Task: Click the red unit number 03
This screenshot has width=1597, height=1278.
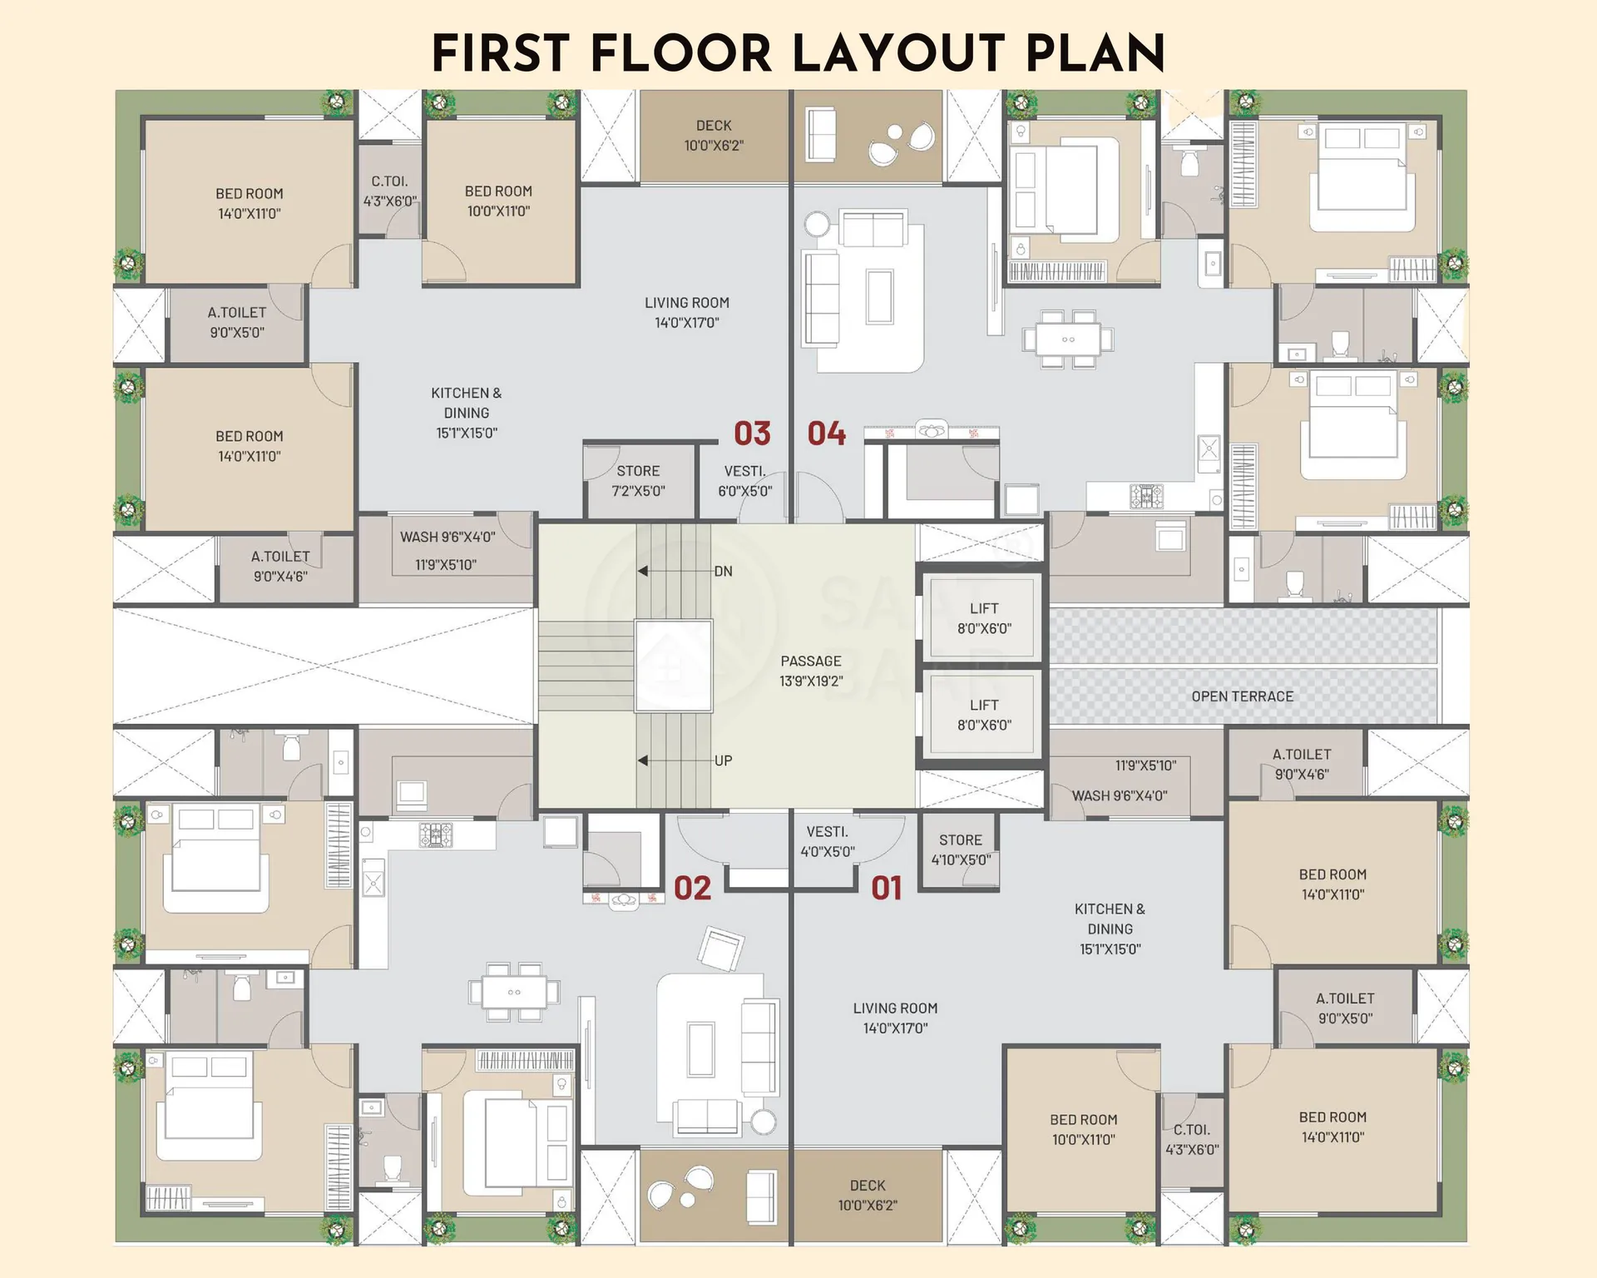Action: (752, 433)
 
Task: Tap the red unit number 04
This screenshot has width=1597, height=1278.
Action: (826, 433)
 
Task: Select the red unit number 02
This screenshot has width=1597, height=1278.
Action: (692, 889)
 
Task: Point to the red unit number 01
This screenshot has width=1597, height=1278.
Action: (887, 889)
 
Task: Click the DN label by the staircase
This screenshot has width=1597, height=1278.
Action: (723, 572)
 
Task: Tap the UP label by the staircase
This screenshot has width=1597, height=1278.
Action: (723, 760)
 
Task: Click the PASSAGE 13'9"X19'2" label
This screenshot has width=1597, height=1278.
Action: (811, 671)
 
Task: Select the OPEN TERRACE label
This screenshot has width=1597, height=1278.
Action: (1243, 696)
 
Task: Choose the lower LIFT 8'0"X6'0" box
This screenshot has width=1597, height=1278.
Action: (983, 714)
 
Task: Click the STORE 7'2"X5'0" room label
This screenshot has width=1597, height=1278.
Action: (638, 481)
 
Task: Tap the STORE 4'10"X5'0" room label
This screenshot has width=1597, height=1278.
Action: (961, 850)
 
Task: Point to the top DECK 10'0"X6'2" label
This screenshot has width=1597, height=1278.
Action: (714, 136)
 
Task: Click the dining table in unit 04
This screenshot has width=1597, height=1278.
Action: (1069, 339)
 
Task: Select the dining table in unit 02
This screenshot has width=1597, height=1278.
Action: (514, 992)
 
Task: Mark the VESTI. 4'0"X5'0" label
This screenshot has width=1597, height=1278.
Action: (828, 841)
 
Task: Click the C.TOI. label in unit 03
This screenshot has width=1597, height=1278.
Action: (389, 191)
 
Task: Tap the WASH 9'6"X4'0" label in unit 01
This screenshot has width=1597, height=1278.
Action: (1120, 795)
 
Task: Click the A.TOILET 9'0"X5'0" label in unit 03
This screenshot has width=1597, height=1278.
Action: (237, 322)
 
